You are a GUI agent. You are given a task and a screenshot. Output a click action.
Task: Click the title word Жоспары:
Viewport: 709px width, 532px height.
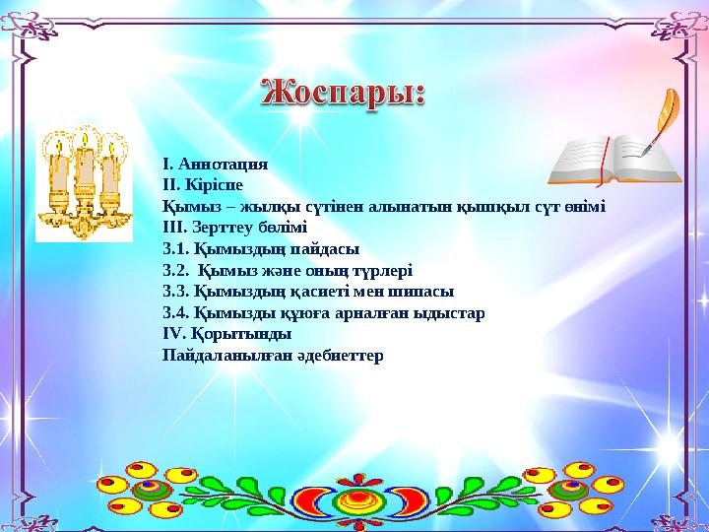(344, 96)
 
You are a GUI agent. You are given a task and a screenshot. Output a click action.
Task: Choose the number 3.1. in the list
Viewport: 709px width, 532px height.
(176, 249)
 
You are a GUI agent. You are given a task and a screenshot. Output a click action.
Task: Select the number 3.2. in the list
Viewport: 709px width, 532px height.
(176, 271)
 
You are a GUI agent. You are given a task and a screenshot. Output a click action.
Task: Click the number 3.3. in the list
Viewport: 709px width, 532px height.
(176, 292)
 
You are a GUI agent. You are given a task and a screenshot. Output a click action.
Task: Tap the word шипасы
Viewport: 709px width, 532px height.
(423, 292)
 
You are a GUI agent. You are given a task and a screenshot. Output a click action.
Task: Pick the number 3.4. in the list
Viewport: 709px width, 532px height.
(176, 313)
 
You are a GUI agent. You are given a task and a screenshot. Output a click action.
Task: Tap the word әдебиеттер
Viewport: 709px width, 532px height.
(340, 355)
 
